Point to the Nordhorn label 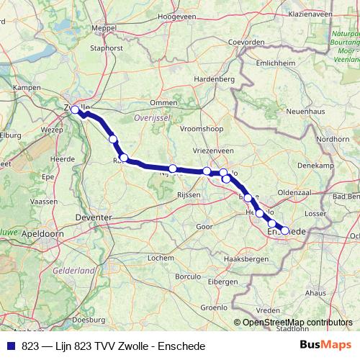point(333,139)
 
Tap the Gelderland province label point(74,270)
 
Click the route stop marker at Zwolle point(75,109)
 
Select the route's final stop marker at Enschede point(284,230)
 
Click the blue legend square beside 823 point(12,346)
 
